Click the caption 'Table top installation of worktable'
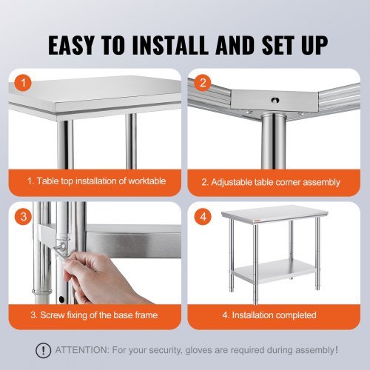[x=97, y=181]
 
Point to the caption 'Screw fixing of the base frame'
[x=97, y=315]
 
